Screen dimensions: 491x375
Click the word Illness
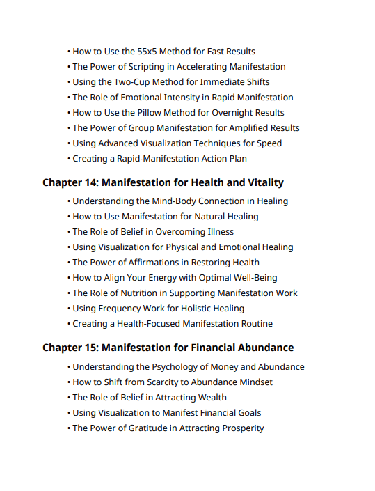(x=217, y=232)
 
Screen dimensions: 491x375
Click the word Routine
(x=254, y=324)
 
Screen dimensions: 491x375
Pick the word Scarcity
(x=153, y=382)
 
